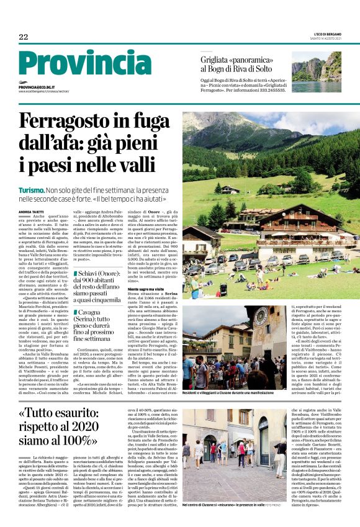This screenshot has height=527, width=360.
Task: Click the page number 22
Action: tap(24, 37)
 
